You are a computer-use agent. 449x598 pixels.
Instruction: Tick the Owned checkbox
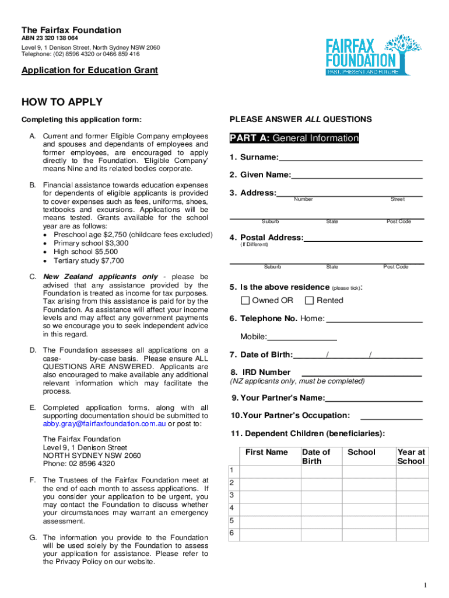tap(245, 300)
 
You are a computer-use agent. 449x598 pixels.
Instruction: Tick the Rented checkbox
tap(310, 300)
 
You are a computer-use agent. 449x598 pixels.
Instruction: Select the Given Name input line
tap(356, 175)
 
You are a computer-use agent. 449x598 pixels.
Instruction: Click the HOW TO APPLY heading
tap(62, 102)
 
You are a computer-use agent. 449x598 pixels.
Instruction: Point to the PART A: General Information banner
tap(294, 138)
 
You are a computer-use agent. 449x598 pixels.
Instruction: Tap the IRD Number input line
tap(362, 373)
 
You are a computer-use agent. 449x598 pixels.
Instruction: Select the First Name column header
tap(266, 452)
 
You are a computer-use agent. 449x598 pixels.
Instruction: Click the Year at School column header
tap(411, 456)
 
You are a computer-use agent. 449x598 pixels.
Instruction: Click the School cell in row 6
tap(369, 535)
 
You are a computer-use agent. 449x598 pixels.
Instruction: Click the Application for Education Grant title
tap(90, 71)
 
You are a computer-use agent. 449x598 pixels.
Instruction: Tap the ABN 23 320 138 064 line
tap(50, 39)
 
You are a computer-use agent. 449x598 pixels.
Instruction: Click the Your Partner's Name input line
tap(374, 398)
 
